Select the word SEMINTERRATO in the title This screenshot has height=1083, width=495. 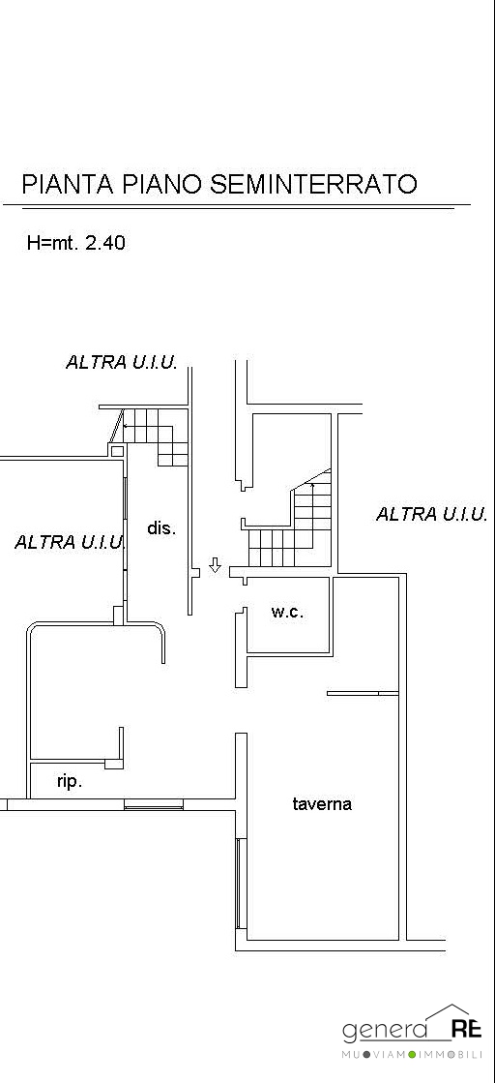coord(312,185)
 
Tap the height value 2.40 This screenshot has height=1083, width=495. coord(105,242)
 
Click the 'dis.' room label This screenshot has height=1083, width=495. coord(162,528)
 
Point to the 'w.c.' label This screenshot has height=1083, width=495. coord(287,612)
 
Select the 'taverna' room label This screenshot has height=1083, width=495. coord(322,803)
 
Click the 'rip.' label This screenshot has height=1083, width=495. coord(69,782)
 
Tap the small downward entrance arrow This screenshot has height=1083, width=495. coord(215,565)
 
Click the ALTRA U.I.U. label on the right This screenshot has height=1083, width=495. coord(431,514)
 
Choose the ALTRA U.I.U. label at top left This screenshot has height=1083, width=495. coord(122,362)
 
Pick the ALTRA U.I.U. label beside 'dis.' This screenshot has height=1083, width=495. coord(70,542)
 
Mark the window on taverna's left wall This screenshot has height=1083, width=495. coord(240,883)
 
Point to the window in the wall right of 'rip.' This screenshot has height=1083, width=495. coord(154,804)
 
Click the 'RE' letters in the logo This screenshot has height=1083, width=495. coord(466,1031)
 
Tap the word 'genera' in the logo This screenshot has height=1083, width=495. coord(385,1032)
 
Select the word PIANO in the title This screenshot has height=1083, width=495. coord(162,185)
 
